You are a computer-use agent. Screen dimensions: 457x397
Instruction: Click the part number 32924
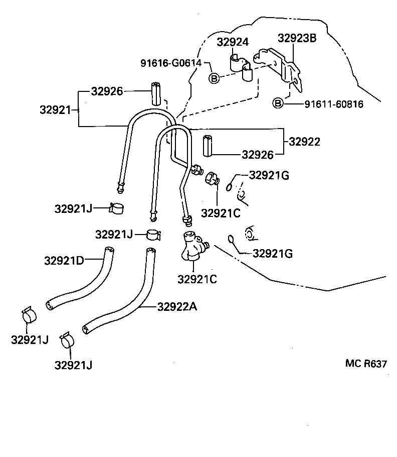233,42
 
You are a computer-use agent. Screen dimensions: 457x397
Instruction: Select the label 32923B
297,38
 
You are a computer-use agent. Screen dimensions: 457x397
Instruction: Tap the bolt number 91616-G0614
170,63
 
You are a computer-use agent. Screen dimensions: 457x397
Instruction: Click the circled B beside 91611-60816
278,104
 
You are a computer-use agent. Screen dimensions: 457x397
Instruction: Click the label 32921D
63,260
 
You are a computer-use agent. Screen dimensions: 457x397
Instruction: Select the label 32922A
176,307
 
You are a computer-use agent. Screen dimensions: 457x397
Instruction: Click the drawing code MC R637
365,364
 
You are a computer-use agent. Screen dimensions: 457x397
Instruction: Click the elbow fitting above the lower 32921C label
192,246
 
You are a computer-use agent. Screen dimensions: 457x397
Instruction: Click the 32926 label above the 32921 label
107,91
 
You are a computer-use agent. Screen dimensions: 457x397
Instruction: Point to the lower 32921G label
272,254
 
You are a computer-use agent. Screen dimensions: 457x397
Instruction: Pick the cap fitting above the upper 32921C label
212,178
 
